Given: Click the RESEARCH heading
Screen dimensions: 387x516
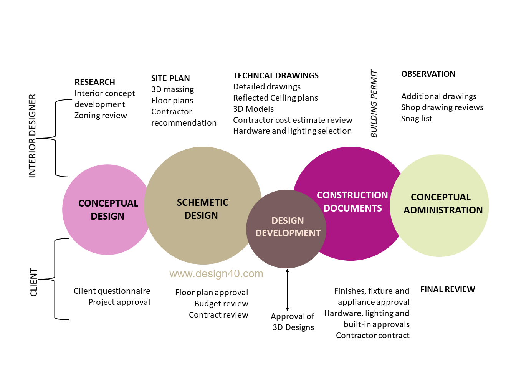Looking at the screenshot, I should click(95, 82).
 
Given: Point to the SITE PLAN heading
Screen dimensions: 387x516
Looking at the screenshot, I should click(170, 78).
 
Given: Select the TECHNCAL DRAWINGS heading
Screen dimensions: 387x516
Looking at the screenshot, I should click(276, 76).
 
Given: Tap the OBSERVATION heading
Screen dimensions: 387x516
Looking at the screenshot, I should click(428, 74).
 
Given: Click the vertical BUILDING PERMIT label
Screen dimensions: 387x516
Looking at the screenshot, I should click(374, 104).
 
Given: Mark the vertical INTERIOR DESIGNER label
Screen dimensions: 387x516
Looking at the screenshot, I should click(32, 136).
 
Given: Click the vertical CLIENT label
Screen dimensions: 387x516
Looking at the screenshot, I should click(34, 282).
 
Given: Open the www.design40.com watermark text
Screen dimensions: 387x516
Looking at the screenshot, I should click(216, 274).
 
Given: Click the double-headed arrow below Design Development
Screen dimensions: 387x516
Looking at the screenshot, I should click(287, 290).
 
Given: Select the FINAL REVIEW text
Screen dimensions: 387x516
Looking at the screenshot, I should click(448, 289).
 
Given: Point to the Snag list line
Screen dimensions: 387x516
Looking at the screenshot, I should click(417, 119).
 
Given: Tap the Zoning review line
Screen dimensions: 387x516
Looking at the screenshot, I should click(101, 116).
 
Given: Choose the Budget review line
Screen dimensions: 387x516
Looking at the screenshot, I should click(221, 304).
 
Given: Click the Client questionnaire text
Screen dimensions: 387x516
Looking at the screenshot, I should click(112, 291).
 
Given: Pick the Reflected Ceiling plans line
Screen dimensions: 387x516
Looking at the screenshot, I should click(275, 98).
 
